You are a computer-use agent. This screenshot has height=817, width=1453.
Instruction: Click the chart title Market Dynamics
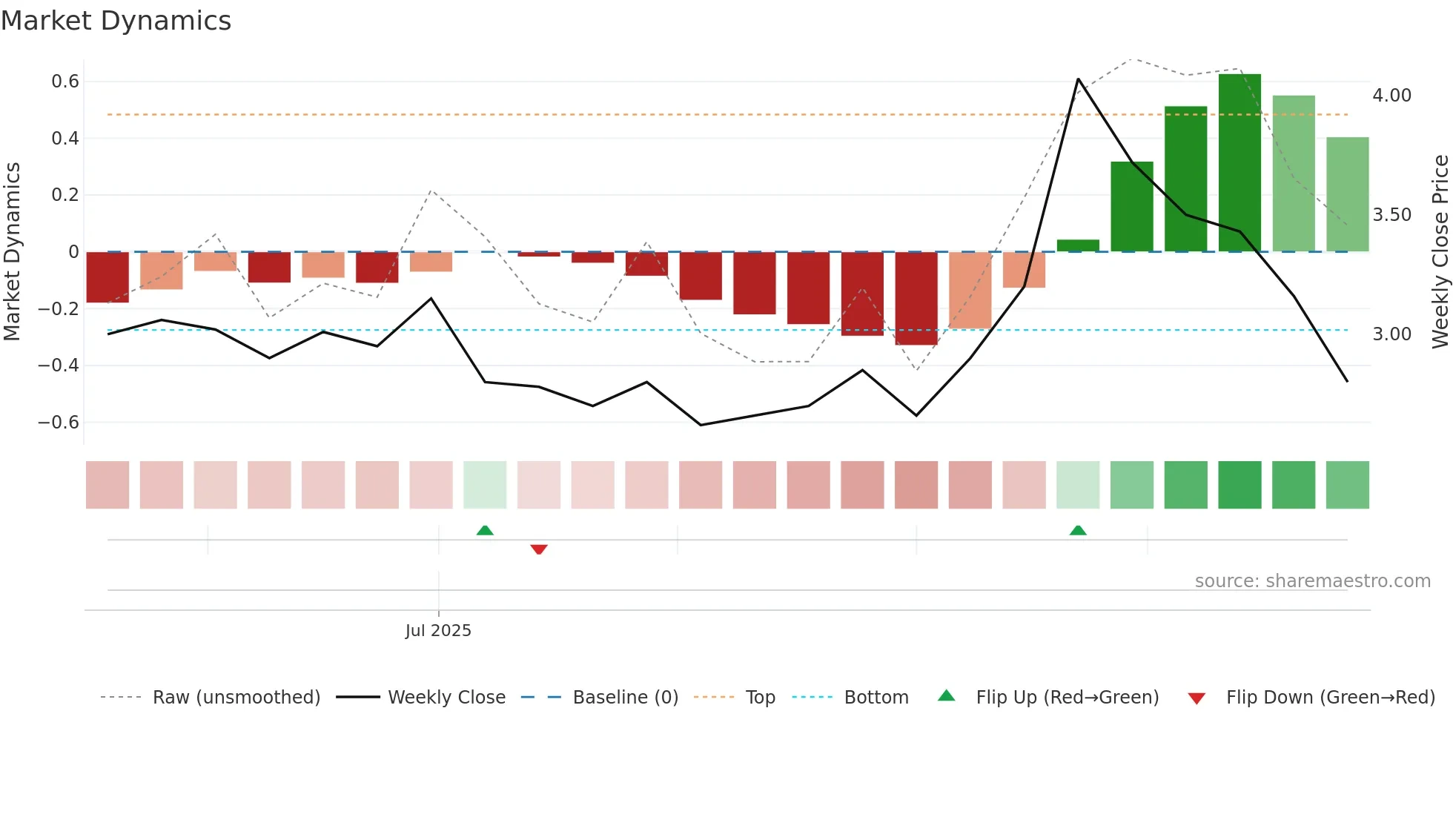click(x=116, y=21)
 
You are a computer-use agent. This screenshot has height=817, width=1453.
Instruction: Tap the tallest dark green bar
click(x=1239, y=163)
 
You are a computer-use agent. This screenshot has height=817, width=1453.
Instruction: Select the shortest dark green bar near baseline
click(x=1078, y=245)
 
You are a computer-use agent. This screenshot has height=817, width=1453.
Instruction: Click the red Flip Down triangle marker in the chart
click(x=539, y=549)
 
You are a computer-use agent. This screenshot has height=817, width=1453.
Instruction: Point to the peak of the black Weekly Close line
click(x=1078, y=79)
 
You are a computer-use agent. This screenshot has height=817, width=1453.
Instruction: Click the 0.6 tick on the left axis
click(x=65, y=82)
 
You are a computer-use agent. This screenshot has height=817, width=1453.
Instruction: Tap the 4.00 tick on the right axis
click(x=1391, y=96)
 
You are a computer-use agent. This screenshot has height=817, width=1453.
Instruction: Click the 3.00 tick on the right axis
click(x=1391, y=334)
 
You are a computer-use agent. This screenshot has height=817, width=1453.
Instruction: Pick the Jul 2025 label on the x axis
click(x=438, y=631)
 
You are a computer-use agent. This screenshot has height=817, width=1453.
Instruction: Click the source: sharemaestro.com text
click(x=1312, y=581)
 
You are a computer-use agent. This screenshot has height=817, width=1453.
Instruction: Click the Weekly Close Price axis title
click(x=1440, y=251)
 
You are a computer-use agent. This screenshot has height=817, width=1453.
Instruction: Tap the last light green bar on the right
click(x=1347, y=194)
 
